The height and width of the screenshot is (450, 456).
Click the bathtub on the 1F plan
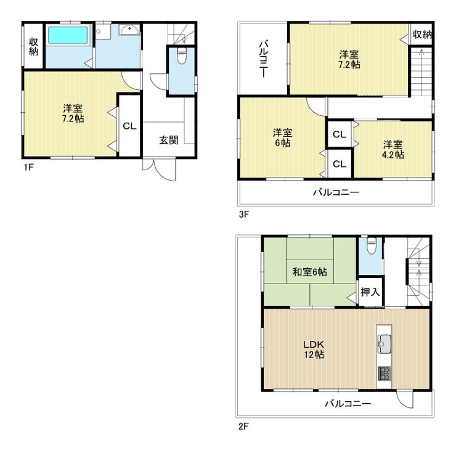click(68, 36)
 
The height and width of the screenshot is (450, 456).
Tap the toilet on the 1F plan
click(182, 56)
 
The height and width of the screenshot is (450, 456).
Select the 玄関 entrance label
click(169, 140)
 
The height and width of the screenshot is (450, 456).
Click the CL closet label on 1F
click(129, 126)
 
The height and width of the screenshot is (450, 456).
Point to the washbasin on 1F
click(129, 30)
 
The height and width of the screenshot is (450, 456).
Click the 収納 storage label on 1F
click(33, 47)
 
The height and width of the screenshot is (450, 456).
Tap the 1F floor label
click(29, 168)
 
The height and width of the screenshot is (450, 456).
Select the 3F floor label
click(244, 215)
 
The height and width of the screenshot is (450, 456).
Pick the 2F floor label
click(243, 427)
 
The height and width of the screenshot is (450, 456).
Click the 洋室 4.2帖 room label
click(393, 150)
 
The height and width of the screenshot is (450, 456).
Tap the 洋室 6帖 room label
click(283, 138)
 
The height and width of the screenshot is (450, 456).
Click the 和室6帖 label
click(310, 272)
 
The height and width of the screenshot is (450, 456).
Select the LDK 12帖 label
click(314, 350)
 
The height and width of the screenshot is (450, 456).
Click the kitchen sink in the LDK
click(384, 344)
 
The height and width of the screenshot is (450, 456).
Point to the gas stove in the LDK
click(384, 374)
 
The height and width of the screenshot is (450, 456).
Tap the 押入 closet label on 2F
click(370, 292)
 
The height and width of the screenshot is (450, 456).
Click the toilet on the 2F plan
click(372, 245)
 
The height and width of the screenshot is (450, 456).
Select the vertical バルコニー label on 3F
click(263, 59)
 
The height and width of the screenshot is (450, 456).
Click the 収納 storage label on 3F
click(422, 35)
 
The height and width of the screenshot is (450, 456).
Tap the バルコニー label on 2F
click(348, 404)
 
